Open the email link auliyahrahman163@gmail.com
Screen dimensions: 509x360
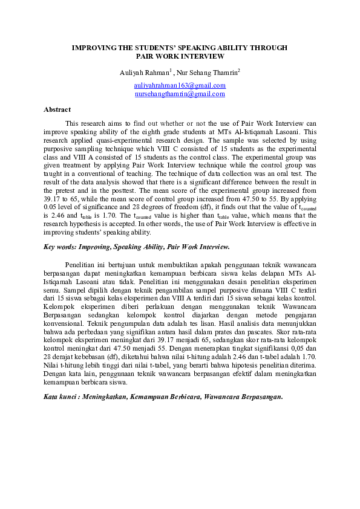(x=180, y=86)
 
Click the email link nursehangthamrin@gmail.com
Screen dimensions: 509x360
(x=180, y=94)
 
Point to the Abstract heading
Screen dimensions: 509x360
(x=57, y=109)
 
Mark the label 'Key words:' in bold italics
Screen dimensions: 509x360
(x=60, y=247)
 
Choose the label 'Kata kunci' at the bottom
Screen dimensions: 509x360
(x=60, y=397)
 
